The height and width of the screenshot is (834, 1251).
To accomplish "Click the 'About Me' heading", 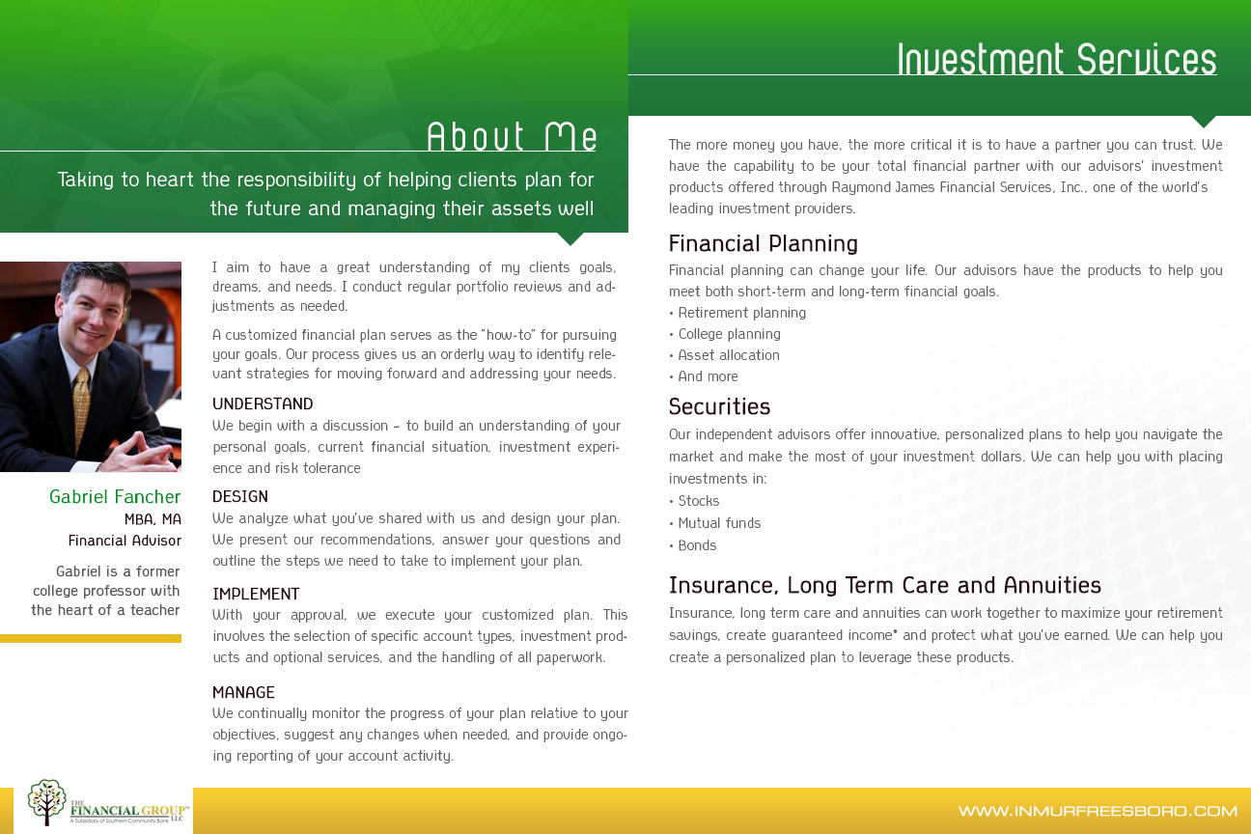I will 512,137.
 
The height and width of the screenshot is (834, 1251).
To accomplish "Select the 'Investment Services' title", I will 1056,60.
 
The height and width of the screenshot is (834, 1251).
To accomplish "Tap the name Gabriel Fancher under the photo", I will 115,497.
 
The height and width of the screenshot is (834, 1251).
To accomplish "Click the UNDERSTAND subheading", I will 263,404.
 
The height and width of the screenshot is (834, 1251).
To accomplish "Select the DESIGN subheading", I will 240,497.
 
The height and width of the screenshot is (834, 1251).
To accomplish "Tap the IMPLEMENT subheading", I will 256,595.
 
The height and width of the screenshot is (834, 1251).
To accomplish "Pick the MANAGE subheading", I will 243,693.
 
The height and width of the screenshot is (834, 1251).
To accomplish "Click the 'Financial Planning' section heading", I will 763,243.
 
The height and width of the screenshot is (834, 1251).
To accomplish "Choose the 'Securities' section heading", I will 719,406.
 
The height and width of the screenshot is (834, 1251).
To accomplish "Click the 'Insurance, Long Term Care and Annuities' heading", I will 884,586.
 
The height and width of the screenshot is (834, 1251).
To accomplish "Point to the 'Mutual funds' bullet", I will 719,523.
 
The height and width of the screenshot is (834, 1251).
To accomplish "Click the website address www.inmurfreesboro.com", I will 1098,811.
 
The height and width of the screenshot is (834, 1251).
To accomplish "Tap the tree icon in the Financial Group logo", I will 46,801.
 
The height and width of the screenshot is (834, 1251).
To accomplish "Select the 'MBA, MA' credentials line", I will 153,519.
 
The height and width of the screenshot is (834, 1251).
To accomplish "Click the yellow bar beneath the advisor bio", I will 91,638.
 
